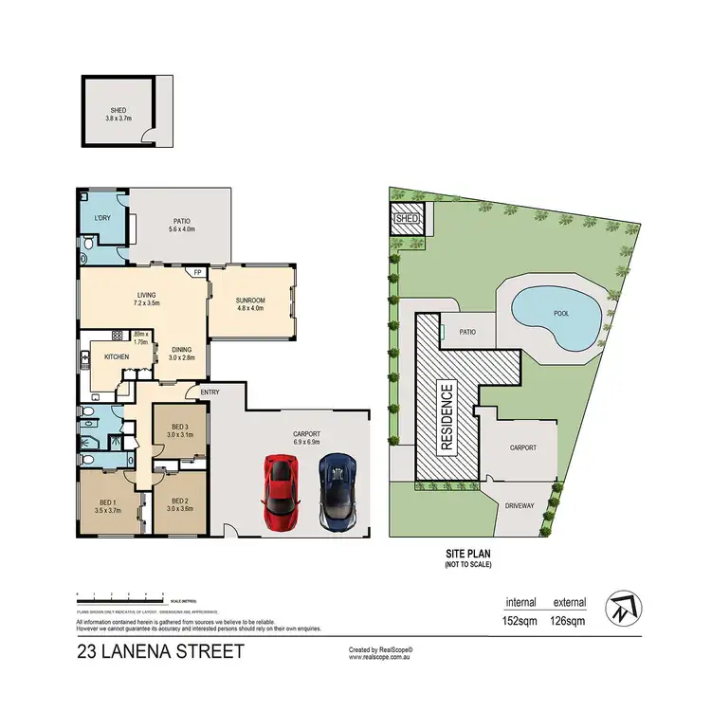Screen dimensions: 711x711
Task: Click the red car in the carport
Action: coord(281,491)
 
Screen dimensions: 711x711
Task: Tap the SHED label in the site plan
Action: coord(406,219)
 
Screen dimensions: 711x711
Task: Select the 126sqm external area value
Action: coord(571,623)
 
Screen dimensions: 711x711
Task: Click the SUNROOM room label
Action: coord(251,301)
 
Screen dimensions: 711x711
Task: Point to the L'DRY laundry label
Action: coord(102,220)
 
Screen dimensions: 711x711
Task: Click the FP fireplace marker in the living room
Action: coord(197,273)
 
